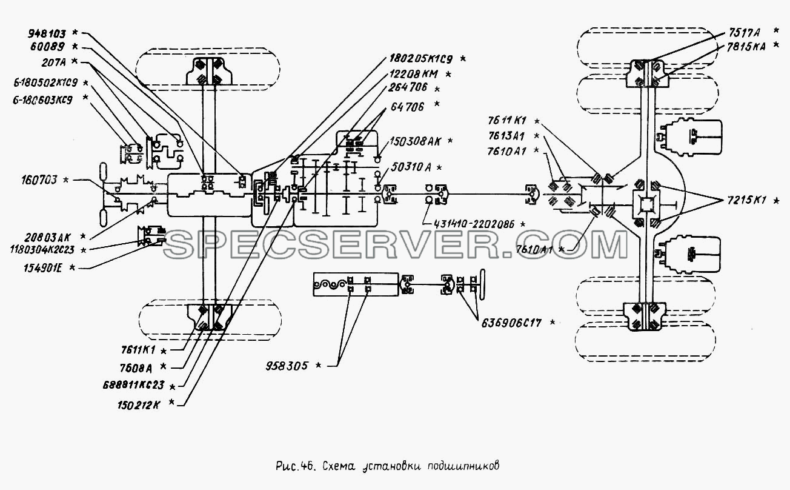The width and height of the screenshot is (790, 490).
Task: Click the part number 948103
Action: [x=47, y=33]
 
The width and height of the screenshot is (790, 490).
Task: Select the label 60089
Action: [x=47, y=47]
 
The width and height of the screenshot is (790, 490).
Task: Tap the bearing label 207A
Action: [x=53, y=62]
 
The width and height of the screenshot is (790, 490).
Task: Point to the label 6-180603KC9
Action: [x=42, y=100]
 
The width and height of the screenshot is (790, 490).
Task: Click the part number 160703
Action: [x=39, y=180]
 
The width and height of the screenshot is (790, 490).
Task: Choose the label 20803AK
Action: [x=48, y=237]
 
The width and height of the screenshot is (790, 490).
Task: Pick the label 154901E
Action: [x=43, y=268]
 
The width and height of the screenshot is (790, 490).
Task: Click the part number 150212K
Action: [x=139, y=404]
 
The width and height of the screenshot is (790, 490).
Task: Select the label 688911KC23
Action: [x=134, y=385]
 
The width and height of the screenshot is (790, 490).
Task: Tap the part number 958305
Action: [x=287, y=366]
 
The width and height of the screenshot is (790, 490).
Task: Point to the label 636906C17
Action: [x=511, y=323]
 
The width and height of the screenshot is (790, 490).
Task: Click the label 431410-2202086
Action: [x=474, y=224]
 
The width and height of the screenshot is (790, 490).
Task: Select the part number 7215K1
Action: [x=746, y=201]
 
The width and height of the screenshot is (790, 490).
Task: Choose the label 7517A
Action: [x=744, y=33]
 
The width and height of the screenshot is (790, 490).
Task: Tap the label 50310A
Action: [x=411, y=167]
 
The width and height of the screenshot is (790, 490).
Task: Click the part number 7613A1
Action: [x=506, y=136]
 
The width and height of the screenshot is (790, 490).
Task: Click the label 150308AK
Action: [x=415, y=141]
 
